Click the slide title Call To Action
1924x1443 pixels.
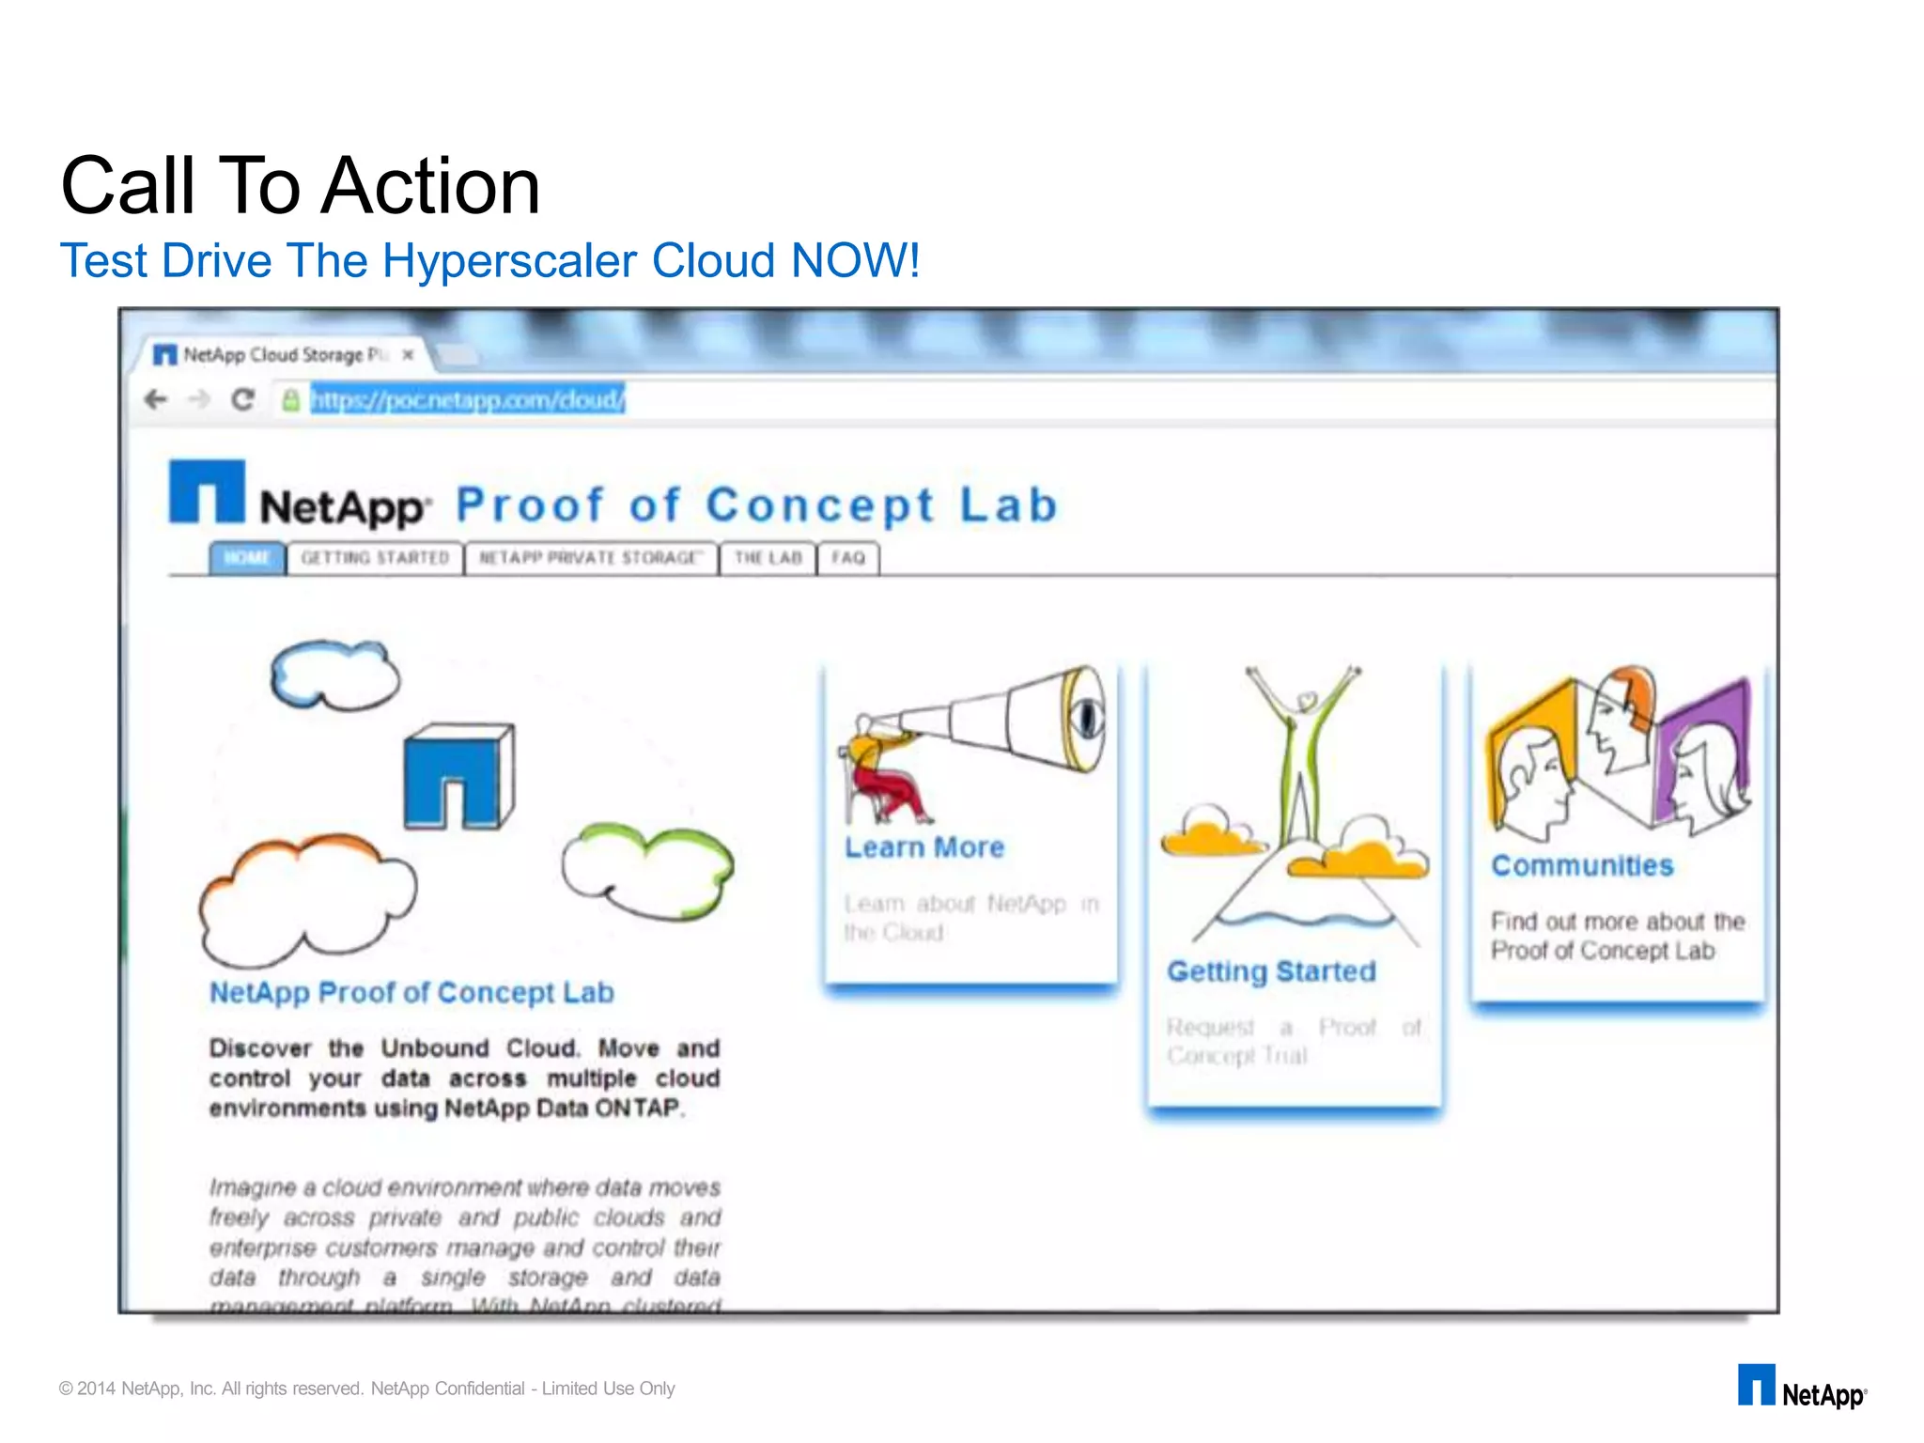pyautogui.click(x=301, y=185)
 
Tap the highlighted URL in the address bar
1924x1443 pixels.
pyautogui.click(x=467, y=400)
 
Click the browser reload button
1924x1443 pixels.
pyautogui.click(x=243, y=400)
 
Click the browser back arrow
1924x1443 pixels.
pyautogui.click(x=156, y=400)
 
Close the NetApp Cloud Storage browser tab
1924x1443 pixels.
pyautogui.click(x=408, y=355)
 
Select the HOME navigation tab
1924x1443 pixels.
pyautogui.click(x=247, y=558)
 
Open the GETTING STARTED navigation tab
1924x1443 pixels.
pyautogui.click(x=375, y=558)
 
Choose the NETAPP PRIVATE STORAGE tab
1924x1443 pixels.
pyautogui.click(x=591, y=558)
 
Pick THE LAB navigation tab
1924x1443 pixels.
pyautogui.click(x=768, y=558)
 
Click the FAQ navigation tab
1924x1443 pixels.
pyautogui.click(x=847, y=558)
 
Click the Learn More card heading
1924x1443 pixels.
pyautogui.click(x=924, y=847)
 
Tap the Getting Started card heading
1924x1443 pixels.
pyautogui.click(x=1271, y=971)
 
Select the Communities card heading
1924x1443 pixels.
pyautogui.click(x=1582, y=865)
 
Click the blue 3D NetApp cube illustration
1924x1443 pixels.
pyautogui.click(x=459, y=777)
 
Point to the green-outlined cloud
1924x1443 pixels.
pyautogui.click(x=647, y=871)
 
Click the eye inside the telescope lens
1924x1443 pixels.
pyautogui.click(x=1086, y=719)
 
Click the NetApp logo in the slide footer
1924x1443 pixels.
pyautogui.click(x=1801, y=1388)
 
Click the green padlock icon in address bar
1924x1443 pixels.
pyautogui.click(x=291, y=400)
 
